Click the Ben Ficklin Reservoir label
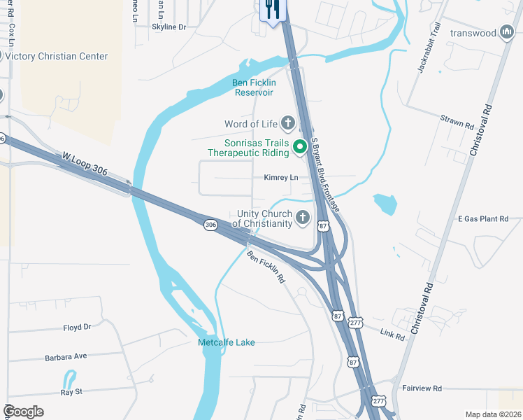coord(254,87)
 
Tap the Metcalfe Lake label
coord(225,342)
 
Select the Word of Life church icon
coord(287,124)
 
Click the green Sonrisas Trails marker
coord(300,147)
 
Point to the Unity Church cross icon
coord(303,217)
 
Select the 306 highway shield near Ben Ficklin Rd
coord(211,225)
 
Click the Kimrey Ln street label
coord(280,178)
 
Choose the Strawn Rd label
coord(457,122)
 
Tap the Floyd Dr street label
coord(78,327)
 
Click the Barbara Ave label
coord(66,356)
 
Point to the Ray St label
coord(71,392)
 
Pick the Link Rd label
coord(393,337)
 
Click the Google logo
coord(23,412)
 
